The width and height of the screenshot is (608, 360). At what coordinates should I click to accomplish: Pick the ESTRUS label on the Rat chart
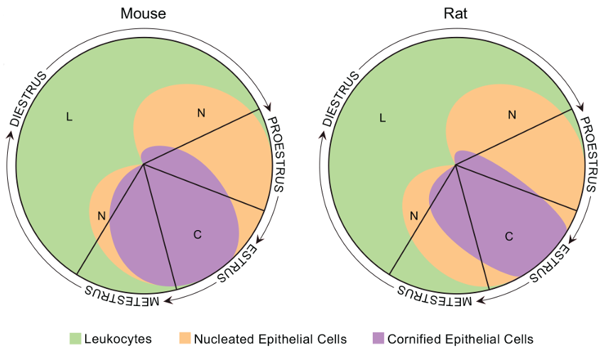pyautogui.click(x=551, y=263)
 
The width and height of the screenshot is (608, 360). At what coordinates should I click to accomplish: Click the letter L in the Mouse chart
pyautogui.click(x=69, y=117)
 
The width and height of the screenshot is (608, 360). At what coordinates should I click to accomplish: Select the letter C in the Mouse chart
pyautogui.click(x=197, y=235)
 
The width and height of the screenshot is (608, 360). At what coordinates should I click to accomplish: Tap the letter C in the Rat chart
pyautogui.click(x=509, y=236)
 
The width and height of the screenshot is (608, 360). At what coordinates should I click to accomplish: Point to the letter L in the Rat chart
pyautogui.click(x=382, y=117)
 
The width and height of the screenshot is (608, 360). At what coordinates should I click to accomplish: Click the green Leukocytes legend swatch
pyautogui.click(x=76, y=339)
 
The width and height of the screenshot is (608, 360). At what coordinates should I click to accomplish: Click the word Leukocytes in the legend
pyautogui.click(x=118, y=339)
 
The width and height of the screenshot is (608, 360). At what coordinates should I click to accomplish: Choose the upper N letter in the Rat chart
pyautogui.click(x=511, y=114)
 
